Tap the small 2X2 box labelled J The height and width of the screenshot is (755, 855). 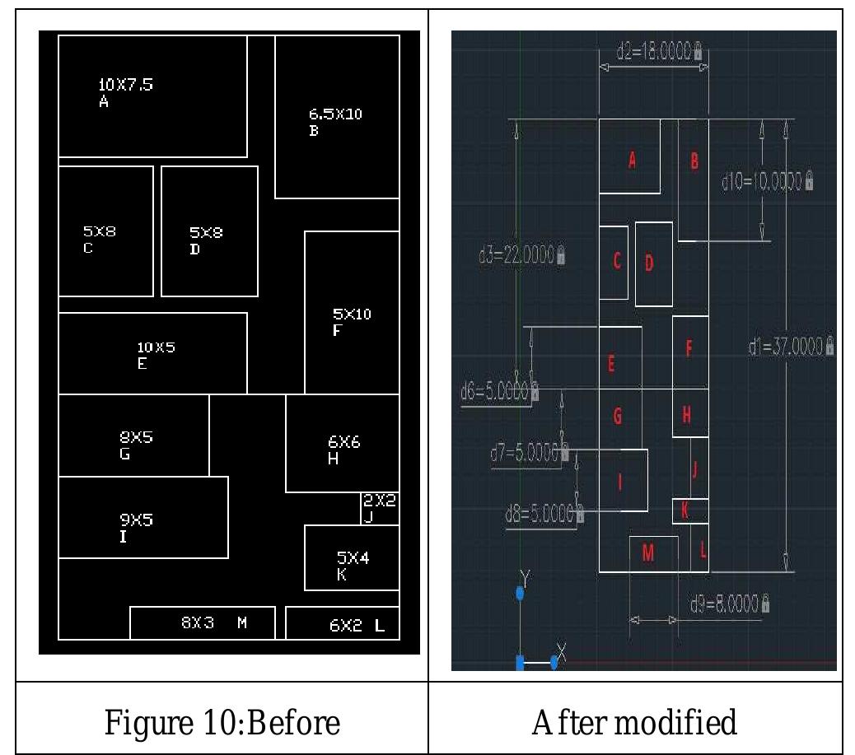pos(380,507)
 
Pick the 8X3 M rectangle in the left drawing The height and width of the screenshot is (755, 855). pos(202,622)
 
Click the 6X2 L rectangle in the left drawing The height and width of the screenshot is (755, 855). pos(342,623)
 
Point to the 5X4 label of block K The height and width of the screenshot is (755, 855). pos(353,558)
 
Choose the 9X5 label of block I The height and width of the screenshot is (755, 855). pos(137,520)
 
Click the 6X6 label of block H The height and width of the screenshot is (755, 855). pos(343,443)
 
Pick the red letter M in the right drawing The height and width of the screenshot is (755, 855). pos(647,554)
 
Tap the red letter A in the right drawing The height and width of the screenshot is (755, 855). pos(632,161)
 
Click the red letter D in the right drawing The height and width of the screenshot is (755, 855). pos(649,263)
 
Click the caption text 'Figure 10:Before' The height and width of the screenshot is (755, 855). pos(222,722)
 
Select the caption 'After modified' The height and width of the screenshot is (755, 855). pos(633,722)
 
